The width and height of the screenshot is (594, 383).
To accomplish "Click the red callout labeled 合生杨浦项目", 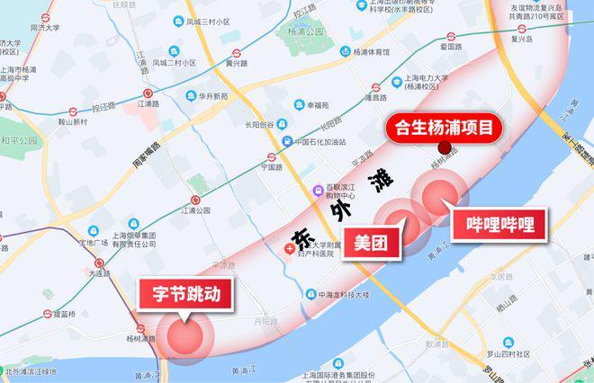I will (442, 128).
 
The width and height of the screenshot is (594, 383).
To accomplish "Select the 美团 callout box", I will (371, 243).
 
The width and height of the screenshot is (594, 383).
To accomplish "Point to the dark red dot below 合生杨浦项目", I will (443, 148).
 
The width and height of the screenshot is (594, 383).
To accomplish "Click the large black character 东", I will (301, 236).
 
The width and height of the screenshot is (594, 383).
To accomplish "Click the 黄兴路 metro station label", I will (236, 64).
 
